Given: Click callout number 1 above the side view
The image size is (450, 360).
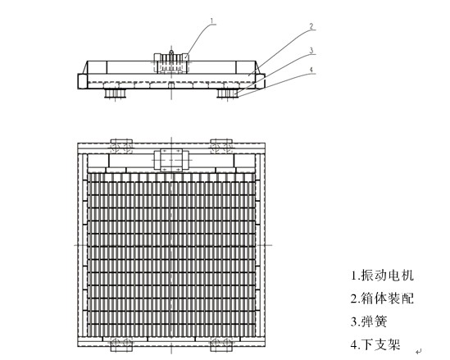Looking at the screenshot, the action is pyautogui.click(x=211, y=21).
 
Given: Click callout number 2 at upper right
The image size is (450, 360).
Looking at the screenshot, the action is pyautogui.click(x=311, y=26).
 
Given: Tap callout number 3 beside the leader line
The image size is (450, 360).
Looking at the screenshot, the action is pyautogui.click(x=311, y=51).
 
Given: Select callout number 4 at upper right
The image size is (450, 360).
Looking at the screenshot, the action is pyautogui.click(x=311, y=70).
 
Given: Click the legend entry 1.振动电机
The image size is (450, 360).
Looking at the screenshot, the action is pyautogui.click(x=382, y=275).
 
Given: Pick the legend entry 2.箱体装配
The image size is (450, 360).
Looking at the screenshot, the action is pyautogui.click(x=382, y=298).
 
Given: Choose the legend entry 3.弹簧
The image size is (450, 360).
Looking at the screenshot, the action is pyautogui.click(x=369, y=321).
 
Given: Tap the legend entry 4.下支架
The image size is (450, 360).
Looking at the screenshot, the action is pyautogui.click(x=375, y=344).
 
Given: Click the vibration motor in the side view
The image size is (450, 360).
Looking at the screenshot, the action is pyautogui.click(x=171, y=63).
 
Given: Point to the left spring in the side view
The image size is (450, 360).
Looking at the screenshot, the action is pyautogui.click(x=115, y=93).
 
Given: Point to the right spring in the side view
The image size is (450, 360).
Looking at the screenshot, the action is pyautogui.click(x=228, y=93).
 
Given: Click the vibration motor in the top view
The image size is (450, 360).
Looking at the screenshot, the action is pyautogui.click(x=172, y=160).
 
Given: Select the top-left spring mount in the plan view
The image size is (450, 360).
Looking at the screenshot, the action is pyautogui.click(x=121, y=146).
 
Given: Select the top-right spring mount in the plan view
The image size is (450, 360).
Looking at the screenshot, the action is pyautogui.click(x=221, y=146).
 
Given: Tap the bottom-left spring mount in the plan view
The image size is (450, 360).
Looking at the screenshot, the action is pyautogui.click(x=121, y=344).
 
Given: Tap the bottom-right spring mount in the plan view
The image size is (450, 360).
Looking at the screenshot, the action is pyautogui.click(x=221, y=344).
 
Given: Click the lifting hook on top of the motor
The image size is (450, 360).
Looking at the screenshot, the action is pyautogui.click(x=171, y=52).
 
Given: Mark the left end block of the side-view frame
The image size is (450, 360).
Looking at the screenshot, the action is pyautogui.click(x=82, y=81).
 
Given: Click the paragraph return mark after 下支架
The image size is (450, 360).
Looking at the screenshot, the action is pyautogui.click(x=419, y=351).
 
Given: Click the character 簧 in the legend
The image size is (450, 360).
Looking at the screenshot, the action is pyautogui.click(x=381, y=321).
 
